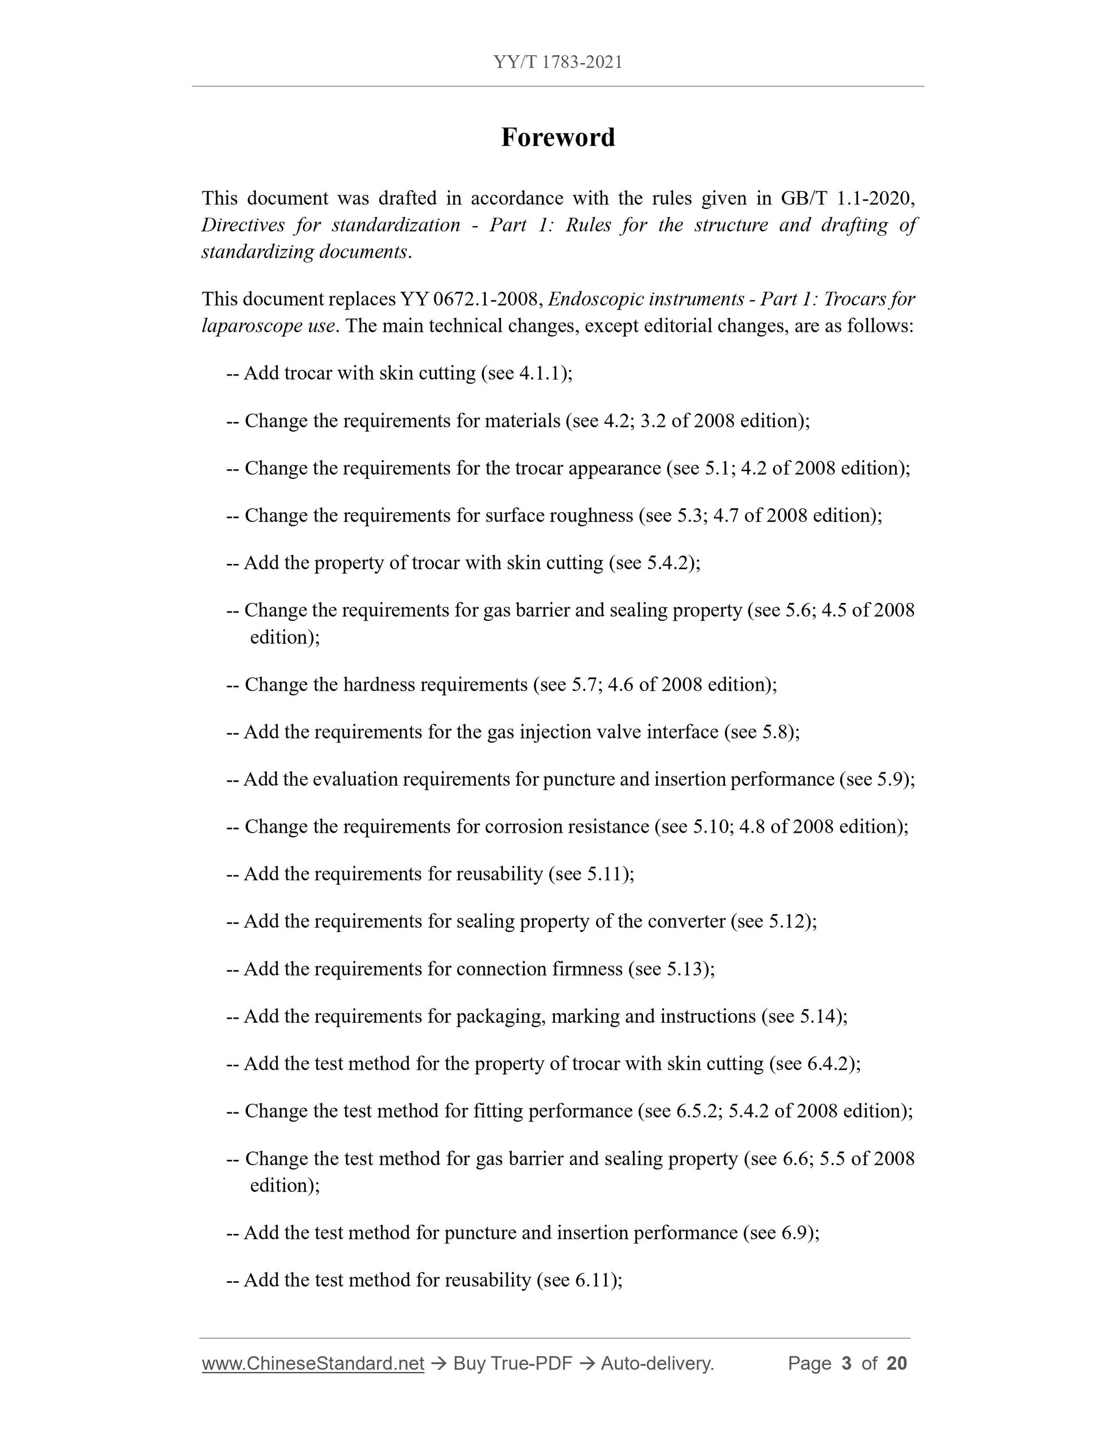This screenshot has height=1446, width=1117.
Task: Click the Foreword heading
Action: (x=558, y=138)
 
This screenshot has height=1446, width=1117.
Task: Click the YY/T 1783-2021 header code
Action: (x=558, y=62)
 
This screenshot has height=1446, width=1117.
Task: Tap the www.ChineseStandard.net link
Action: (x=312, y=1363)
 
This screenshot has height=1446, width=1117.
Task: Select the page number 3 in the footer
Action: (x=845, y=1363)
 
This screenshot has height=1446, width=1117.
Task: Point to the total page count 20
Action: (x=896, y=1363)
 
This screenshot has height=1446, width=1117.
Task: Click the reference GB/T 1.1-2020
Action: (x=847, y=198)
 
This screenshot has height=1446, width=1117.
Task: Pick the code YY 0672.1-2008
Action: (x=472, y=299)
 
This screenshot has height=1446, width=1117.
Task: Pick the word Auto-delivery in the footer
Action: (x=657, y=1363)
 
